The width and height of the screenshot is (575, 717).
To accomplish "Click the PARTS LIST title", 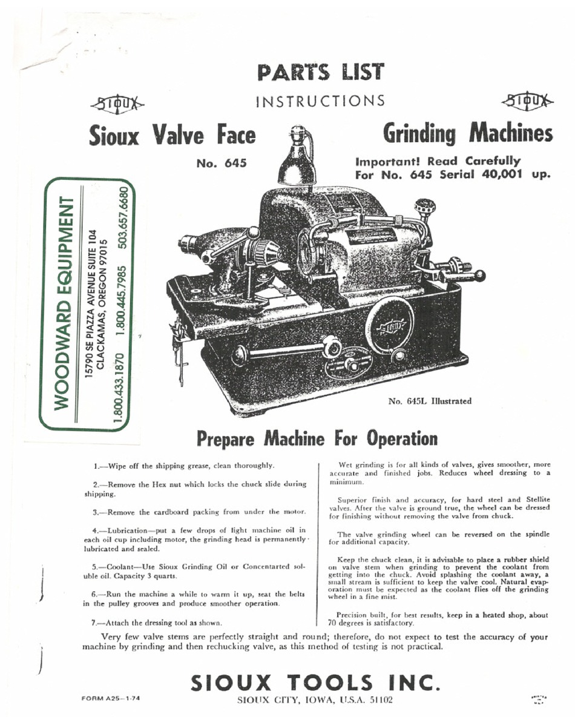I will [x=320, y=72].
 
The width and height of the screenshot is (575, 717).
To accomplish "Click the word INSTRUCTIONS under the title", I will [x=320, y=101].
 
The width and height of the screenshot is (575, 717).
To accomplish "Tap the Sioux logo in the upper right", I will [x=526, y=101].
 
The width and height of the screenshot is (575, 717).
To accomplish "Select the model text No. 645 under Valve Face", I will [x=222, y=163].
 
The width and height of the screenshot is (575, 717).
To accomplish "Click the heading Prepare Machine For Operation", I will [x=316, y=438].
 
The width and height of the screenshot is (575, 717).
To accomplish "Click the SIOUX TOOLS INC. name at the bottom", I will [x=313, y=683].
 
